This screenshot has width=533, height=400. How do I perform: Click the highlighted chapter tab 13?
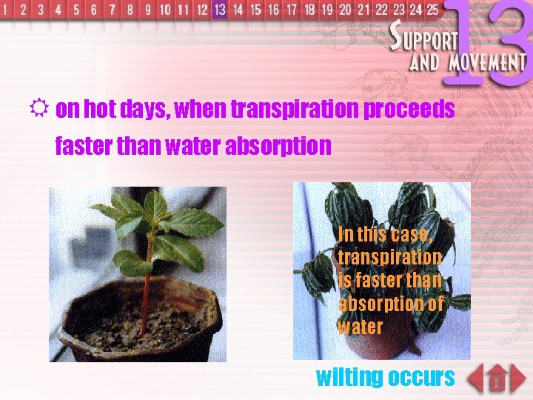(x=219, y=10)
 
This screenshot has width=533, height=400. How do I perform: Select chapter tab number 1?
(x=7, y=10)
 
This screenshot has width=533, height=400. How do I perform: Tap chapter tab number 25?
(x=431, y=10)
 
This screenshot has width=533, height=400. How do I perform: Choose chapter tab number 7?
(x=112, y=10)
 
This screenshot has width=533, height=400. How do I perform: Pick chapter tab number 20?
(x=345, y=10)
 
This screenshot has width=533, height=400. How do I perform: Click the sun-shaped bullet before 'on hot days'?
(x=41, y=109)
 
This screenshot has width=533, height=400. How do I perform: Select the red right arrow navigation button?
(x=519, y=379)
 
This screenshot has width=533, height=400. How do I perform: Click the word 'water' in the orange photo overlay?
(x=361, y=327)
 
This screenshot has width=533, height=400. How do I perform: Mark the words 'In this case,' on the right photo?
(x=384, y=234)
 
